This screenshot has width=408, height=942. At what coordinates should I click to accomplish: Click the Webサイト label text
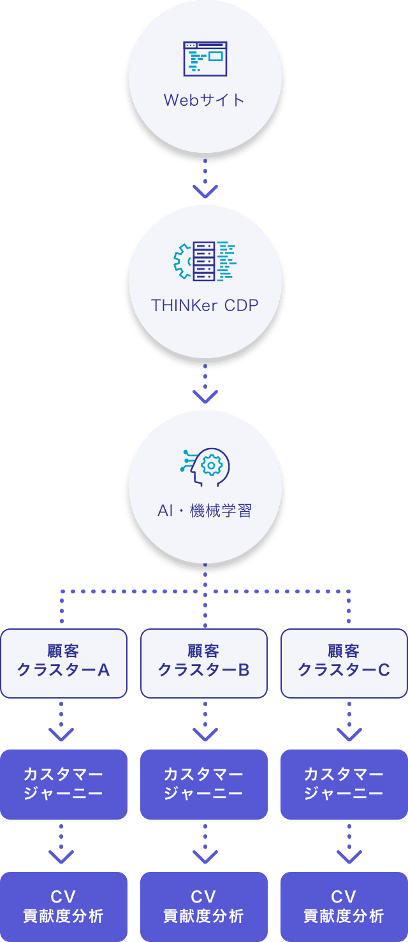pyautogui.click(x=204, y=100)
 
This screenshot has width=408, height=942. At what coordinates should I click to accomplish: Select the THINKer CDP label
pyautogui.click(x=205, y=305)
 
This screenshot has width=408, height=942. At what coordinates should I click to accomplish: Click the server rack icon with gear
pyautogui.click(x=205, y=261)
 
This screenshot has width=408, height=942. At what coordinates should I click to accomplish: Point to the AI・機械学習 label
pyautogui.click(x=205, y=511)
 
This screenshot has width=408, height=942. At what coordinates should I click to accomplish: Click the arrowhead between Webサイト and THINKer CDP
pyautogui.click(x=205, y=191)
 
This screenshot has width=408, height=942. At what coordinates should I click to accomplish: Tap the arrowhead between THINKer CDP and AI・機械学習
pyautogui.click(x=205, y=396)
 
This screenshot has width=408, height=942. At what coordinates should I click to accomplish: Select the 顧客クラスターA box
pyautogui.click(x=64, y=663)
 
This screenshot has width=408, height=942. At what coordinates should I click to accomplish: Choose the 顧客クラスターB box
pyautogui.click(x=204, y=663)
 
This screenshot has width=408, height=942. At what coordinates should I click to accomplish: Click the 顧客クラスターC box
pyautogui.click(x=344, y=663)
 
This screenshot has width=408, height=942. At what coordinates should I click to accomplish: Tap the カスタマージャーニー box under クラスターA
pyautogui.click(x=64, y=784)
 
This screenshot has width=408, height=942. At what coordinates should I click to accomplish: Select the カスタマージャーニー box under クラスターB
pyautogui.click(x=204, y=784)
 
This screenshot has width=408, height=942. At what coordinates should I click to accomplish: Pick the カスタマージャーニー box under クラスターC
pyautogui.click(x=344, y=784)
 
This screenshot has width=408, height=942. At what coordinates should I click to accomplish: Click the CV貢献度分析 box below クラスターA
pyautogui.click(x=64, y=906)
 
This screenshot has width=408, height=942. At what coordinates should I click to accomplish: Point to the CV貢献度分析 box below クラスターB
pyautogui.click(x=204, y=906)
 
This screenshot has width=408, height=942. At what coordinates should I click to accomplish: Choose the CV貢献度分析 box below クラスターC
pyautogui.click(x=344, y=906)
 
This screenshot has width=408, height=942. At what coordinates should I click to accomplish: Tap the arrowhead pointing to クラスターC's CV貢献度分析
pyautogui.click(x=349, y=857)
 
